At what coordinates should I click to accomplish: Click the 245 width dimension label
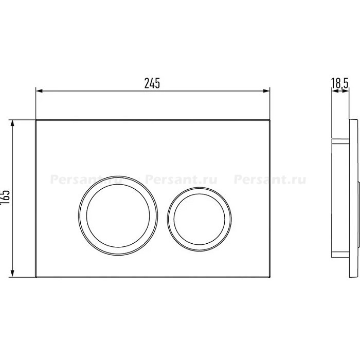tap(152, 83)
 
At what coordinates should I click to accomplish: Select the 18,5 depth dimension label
tap(340, 83)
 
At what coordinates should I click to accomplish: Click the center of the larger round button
tap(118, 215)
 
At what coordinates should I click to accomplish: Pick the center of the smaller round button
tap(200, 219)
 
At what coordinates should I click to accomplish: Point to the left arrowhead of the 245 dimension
tap(40, 91)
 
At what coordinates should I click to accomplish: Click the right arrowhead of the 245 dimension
tap(266, 91)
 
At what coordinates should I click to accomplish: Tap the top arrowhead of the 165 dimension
tap(13, 123)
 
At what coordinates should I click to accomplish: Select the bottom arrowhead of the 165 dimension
tap(13, 274)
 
